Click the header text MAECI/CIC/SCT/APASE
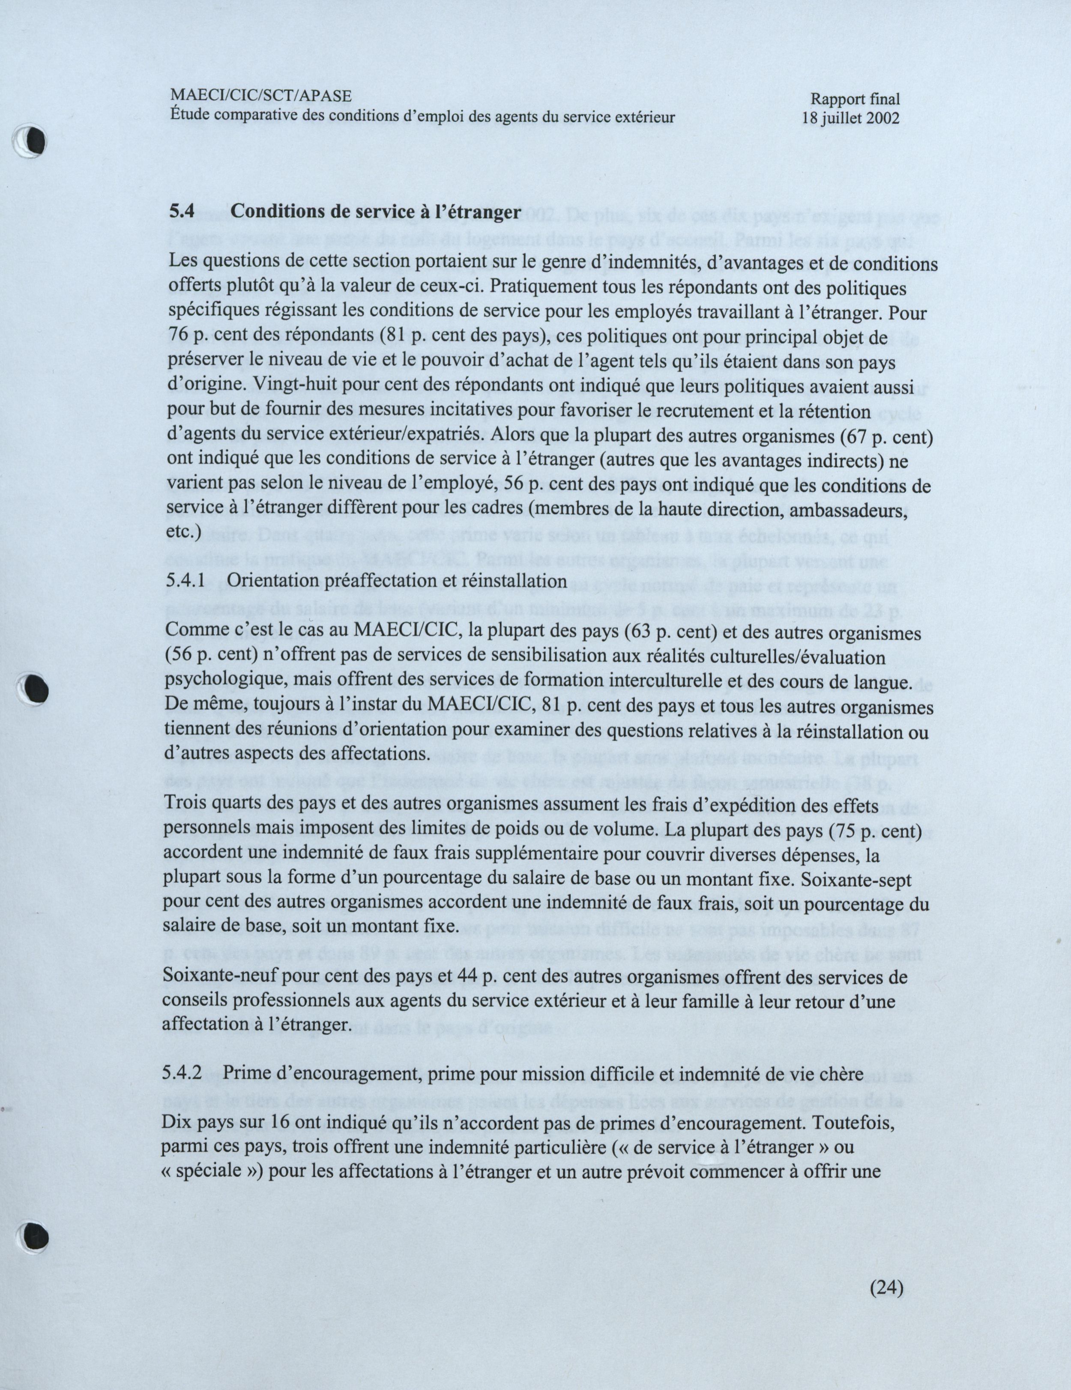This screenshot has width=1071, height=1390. click(260, 96)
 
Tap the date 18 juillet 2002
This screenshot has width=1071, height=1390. click(851, 118)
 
